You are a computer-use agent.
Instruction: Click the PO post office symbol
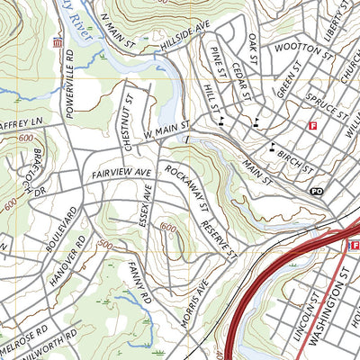click(316, 192)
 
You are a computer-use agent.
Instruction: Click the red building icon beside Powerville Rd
click(59, 42)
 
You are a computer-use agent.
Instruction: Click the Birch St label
click(295, 161)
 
